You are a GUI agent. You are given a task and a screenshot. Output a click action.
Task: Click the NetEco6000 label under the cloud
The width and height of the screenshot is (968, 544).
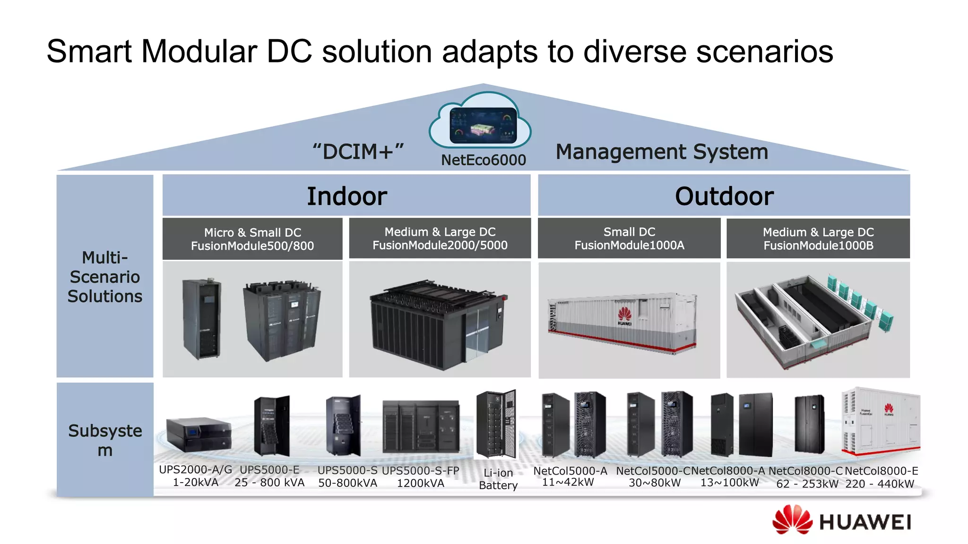pos(483,160)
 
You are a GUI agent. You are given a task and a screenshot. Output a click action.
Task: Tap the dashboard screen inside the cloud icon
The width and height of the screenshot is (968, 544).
pos(483,126)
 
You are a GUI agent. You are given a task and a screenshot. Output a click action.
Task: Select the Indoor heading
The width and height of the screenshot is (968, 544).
pos(347,196)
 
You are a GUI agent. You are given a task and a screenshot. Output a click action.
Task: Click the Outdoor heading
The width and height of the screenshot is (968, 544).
pos(724,196)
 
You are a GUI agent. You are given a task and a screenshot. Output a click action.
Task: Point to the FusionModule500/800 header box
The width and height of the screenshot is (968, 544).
pos(252,239)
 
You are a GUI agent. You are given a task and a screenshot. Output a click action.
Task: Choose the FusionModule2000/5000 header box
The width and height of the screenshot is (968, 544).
pos(440,238)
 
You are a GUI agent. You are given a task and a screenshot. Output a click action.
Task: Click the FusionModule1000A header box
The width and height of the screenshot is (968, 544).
pos(629,238)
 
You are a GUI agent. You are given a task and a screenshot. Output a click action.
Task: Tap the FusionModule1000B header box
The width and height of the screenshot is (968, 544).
pos(818,239)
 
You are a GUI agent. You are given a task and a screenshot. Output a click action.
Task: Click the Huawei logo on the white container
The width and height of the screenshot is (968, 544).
pos(624,315)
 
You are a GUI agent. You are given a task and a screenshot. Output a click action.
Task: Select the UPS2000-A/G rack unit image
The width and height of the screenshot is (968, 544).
pos(199,433)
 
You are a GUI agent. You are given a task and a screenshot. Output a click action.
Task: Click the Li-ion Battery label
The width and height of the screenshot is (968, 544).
pos(498,479)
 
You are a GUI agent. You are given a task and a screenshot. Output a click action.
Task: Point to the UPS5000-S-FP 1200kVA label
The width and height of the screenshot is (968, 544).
pos(420,477)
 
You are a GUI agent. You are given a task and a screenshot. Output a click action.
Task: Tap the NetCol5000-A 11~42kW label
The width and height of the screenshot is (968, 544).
pos(570,476)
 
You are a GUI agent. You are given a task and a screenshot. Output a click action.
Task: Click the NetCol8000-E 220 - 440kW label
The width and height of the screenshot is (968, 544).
pos(881,477)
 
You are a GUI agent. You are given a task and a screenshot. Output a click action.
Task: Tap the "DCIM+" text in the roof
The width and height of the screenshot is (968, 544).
pos(358,152)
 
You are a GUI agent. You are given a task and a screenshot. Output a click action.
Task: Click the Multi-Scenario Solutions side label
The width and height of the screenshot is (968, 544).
pos(105,277)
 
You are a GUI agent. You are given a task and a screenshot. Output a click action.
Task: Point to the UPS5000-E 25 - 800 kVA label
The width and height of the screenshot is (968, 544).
pos(269,476)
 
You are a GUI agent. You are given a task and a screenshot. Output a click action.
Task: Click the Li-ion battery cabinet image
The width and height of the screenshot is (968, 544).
pos(496,424)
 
